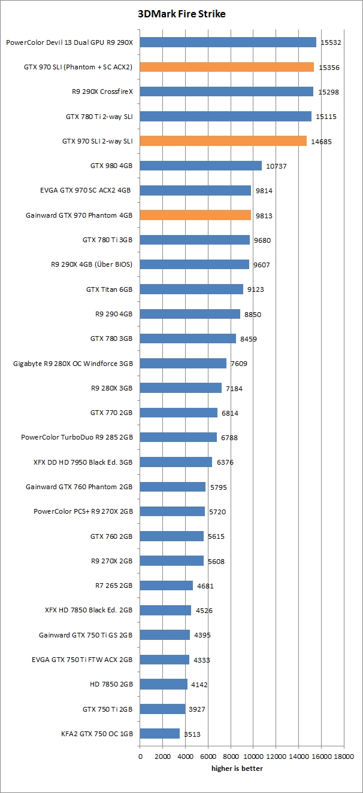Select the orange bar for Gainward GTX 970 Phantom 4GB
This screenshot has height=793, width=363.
point(195,215)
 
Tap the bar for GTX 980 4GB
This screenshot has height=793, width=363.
point(201,166)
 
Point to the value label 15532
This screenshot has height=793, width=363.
point(330,42)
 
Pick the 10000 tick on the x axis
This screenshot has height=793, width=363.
point(253,757)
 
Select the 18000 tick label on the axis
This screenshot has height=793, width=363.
point(344,757)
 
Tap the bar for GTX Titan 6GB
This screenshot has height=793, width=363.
point(192,289)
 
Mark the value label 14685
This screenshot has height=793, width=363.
point(320,142)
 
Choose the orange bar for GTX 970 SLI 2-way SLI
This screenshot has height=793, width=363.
point(223,141)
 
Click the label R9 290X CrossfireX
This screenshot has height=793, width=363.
point(102,92)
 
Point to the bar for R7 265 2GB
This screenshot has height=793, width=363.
point(167,585)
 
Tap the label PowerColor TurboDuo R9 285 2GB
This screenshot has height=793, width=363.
point(77,437)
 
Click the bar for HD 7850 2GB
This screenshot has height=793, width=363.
point(164,684)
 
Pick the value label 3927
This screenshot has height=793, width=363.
point(198,709)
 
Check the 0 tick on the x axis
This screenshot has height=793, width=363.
point(140,757)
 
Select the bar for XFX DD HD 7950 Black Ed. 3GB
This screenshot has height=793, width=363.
point(176,462)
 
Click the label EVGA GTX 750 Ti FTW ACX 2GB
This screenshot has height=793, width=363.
point(82,660)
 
